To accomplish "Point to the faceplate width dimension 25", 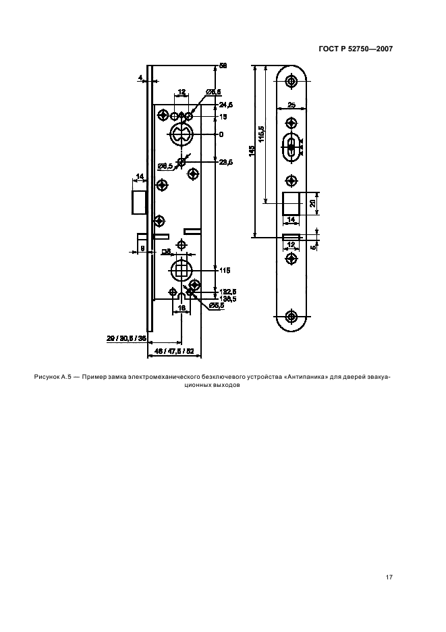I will point(291,105).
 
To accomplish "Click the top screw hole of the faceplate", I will point(291,82).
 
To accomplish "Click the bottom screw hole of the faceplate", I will point(291,316).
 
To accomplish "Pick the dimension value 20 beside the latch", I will point(312,203).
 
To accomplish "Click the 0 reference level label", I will point(221,134).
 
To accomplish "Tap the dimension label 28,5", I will point(226,163).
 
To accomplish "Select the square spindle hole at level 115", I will point(181,270).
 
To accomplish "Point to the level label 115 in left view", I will point(225,270).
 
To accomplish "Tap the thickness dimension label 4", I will point(140,78).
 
